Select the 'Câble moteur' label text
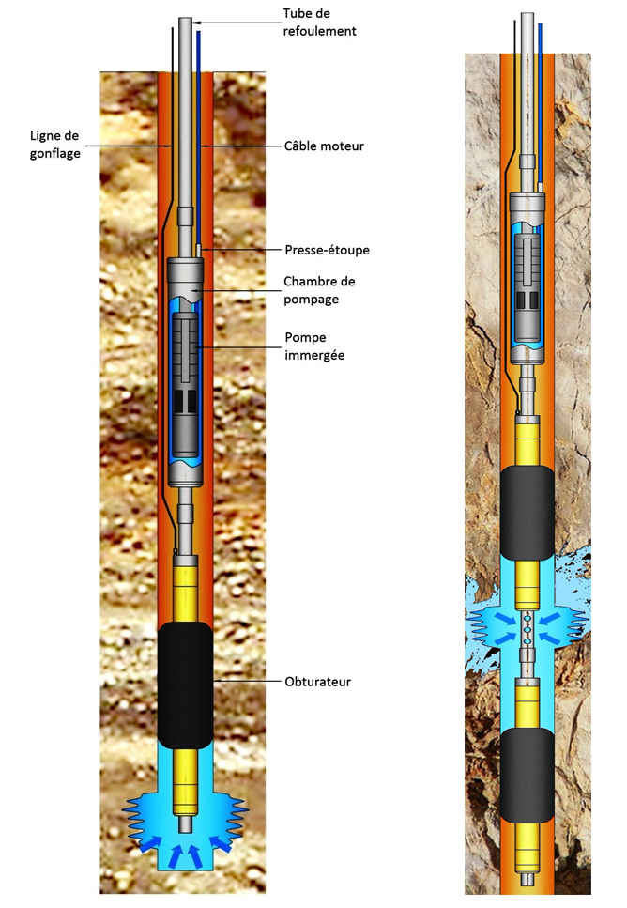(324, 146)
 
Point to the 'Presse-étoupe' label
(327, 250)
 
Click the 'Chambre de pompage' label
(319, 290)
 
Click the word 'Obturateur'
(318, 681)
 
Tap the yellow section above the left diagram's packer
(187, 587)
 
